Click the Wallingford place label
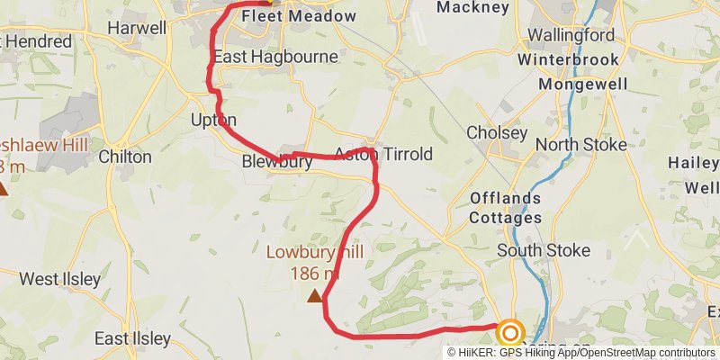(x=571, y=36)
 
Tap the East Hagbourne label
(x=275, y=57)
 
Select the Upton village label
(x=213, y=120)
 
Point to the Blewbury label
(x=277, y=162)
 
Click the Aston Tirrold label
(x=383, y=154)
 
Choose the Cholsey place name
(x=497, y=132)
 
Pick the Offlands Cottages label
(x=506, y=207)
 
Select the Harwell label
(x=137, y=28)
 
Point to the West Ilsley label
(x=60, y=279)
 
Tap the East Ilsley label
(x=133, y=338)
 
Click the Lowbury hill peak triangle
(x=314, y=295)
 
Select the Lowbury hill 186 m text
(x=314, y=263)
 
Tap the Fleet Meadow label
(x=286, y=16)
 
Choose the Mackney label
(x=473, y=7)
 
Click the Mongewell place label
(x=580, y=84)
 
